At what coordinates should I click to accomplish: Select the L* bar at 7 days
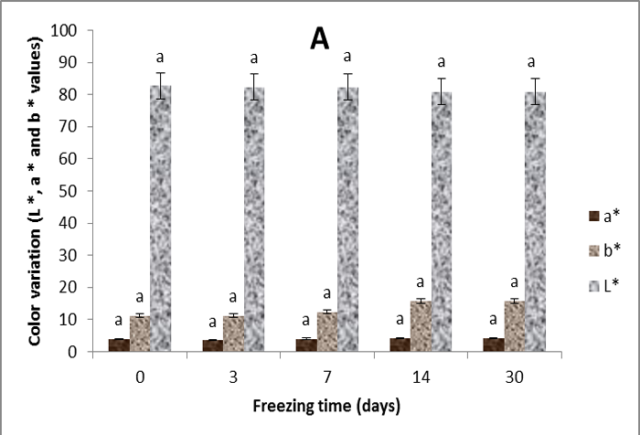point(348,218)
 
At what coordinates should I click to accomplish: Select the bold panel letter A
point(318,41)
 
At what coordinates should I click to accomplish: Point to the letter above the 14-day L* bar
point(442,61)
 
